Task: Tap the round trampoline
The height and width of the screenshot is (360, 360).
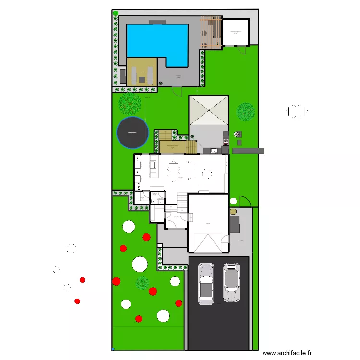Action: [x=132, y=132]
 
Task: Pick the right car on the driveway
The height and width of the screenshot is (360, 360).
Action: [x=231, y=282]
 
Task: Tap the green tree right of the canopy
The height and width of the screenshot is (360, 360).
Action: [x=246, y=112]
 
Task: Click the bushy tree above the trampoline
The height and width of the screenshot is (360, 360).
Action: [x=130, y=101]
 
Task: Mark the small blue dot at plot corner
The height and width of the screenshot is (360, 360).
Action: [x=113, y=349]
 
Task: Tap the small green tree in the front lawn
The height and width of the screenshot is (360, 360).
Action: [x=143, y=283]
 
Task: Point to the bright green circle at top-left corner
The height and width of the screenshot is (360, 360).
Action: [x=115, y=13]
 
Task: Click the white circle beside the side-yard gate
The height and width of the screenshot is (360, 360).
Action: [x=233, y=201]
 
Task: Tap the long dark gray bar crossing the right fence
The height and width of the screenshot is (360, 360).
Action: [x=248, y=151]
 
